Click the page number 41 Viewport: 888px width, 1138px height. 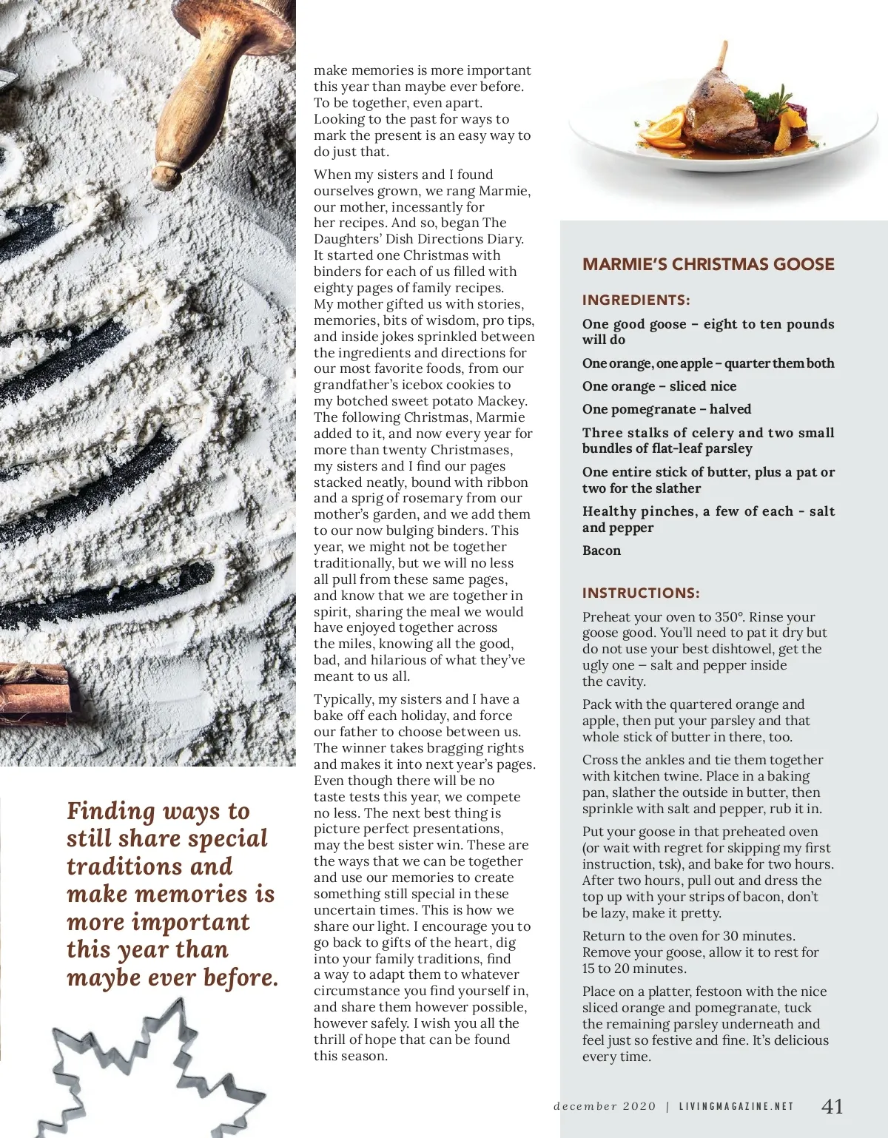coord(832,1106)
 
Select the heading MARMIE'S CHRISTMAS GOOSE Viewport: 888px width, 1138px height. coord(708,265)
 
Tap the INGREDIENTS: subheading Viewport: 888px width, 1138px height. coord(636,300)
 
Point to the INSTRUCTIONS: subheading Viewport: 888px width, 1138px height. coord(641,593)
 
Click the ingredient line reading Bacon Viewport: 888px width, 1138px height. coord(602,551)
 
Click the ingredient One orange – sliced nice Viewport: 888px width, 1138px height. coord(659,386)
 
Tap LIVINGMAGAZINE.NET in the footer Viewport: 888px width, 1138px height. coord(736,1107)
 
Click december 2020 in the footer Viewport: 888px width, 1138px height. coord(605,1107)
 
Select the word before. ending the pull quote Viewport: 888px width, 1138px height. coord(240,978)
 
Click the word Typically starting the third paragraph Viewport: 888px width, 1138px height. coord(343,699)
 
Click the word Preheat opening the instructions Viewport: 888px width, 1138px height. coord(605,617)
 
